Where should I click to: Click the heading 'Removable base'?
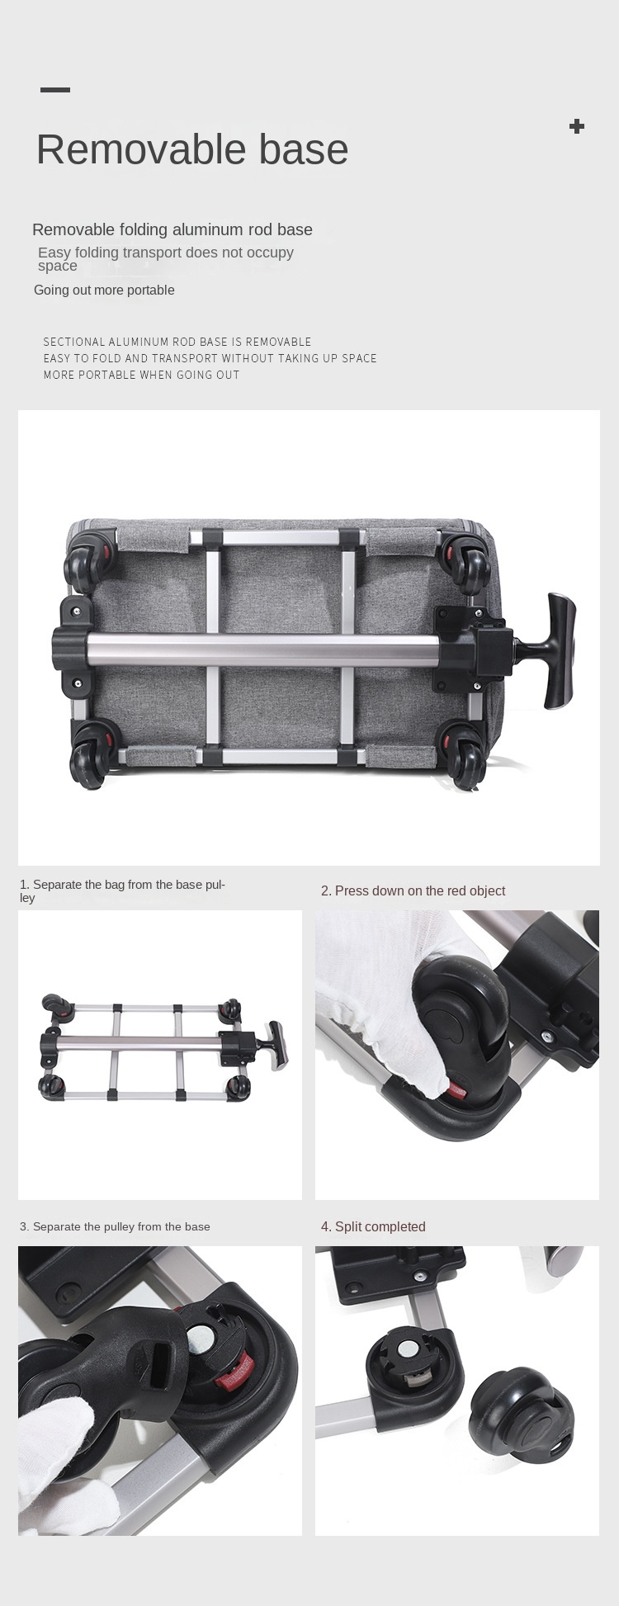coord(192,149)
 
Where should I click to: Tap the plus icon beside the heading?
coord(577,126)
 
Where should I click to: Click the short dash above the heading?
coord(55,89)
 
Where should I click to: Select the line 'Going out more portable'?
coord(104,290)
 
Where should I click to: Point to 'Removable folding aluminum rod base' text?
coord(172,229)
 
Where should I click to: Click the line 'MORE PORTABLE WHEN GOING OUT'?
coord(141,375)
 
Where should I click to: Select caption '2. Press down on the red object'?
coord(413,890)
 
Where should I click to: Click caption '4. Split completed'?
coord(373,1226)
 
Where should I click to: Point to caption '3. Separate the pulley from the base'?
coord(115,1226)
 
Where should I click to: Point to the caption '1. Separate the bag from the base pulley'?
coord(122,890)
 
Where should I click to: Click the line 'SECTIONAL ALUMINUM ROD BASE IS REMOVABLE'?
coord(177,342)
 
